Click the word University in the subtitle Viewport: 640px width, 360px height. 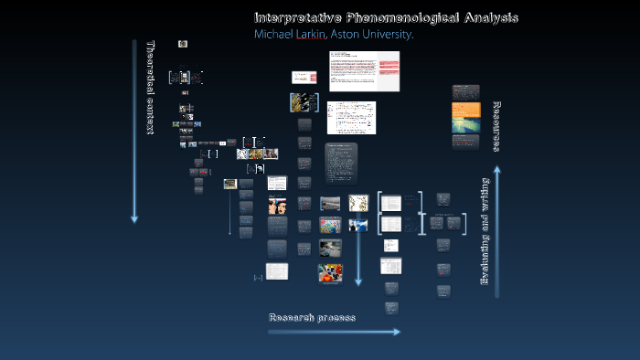click(x=394, y=35)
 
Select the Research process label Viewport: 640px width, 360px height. click(x=312, y=317)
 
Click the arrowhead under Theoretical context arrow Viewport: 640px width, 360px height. click(x=134, y=218)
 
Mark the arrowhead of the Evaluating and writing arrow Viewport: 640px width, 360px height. click(x=497, y=169)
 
